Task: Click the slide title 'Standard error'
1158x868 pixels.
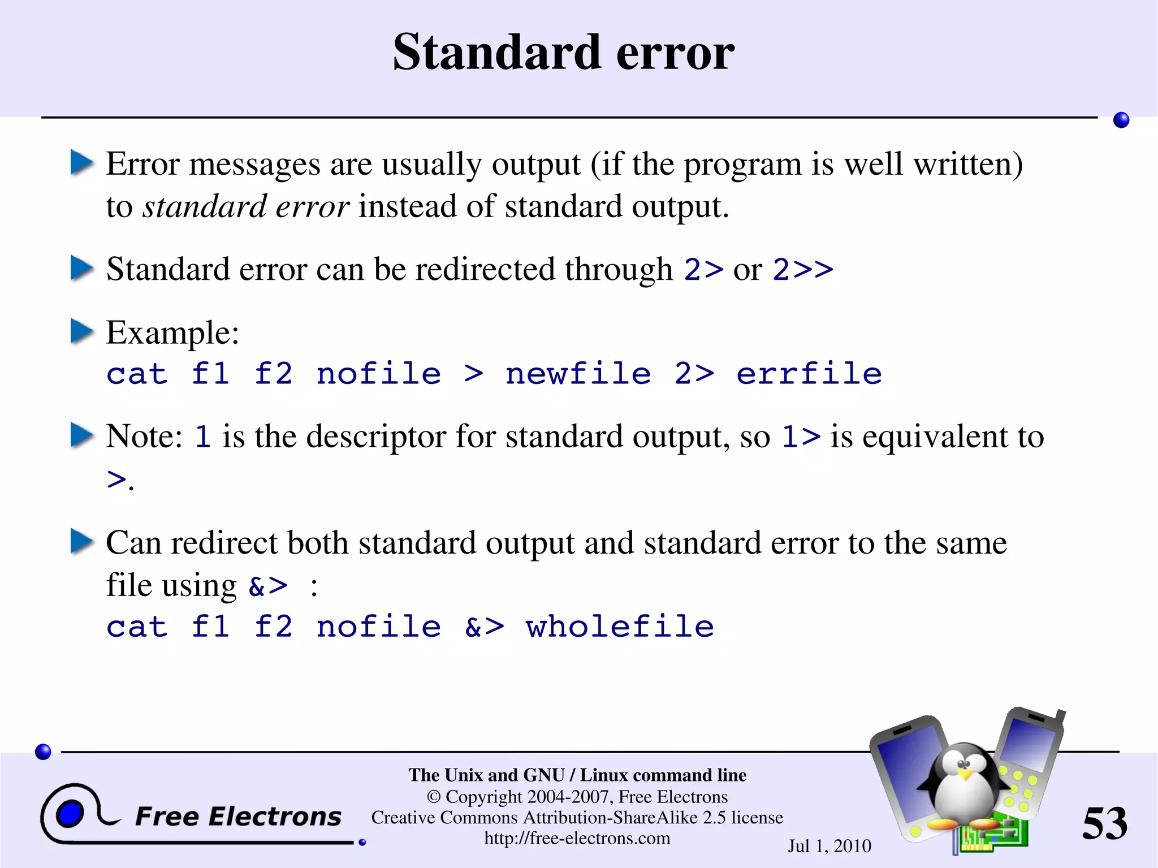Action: pos(564,52)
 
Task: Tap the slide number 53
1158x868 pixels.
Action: pos(1104,823)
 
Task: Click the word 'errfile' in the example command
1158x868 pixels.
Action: pos(809,374)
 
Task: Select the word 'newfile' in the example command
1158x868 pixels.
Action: pos(578,374)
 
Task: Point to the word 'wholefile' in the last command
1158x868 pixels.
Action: pos(620,627)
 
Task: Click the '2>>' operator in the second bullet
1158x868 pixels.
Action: pos(803,269)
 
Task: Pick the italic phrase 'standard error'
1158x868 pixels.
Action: pos(246,206)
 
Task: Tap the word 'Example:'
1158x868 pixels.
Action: pos(172,332)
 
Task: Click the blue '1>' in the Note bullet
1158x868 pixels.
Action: pos(801,437)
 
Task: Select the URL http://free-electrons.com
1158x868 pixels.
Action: pos(577,838)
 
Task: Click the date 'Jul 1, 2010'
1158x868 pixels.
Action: pos(829,846)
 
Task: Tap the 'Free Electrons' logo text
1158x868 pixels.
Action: pos(238,817)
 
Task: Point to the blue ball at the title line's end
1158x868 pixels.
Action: pos(1121,120)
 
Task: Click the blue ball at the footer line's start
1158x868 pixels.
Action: pos(43,752)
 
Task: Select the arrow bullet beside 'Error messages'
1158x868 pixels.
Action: pos(81,163)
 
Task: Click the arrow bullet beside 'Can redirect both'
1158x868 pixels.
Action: pos(81,541)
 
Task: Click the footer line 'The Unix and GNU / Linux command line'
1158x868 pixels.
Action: pos(577,775)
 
